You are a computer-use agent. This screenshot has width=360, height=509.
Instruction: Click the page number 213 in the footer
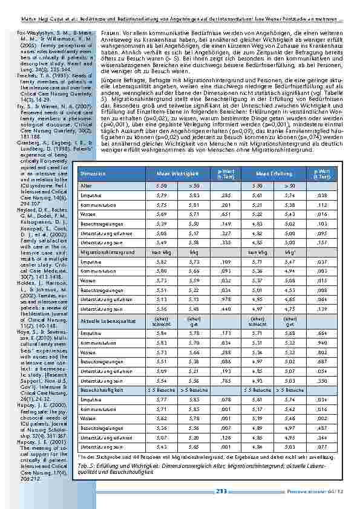(221, 491)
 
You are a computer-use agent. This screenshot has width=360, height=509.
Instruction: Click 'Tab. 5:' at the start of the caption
(87, 467)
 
